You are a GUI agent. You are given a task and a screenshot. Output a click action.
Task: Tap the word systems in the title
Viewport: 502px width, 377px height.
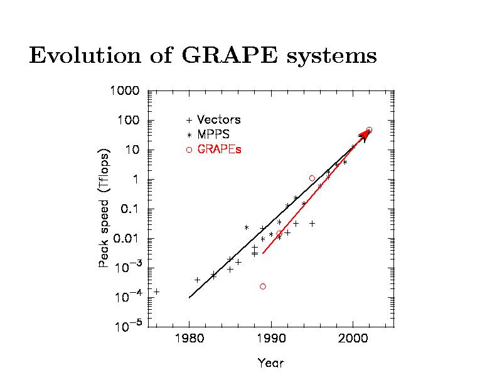click(x=331, y=57)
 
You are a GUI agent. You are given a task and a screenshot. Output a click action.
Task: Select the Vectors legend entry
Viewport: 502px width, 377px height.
click(x=218, y=119)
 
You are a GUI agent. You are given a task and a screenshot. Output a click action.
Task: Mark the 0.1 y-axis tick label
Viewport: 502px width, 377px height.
click(x=130, y=209)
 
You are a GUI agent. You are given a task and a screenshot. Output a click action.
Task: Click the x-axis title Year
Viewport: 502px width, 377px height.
click(x=270, y=363)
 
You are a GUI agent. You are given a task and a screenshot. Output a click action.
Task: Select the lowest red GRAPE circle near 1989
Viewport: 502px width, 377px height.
click(x=263, y=287)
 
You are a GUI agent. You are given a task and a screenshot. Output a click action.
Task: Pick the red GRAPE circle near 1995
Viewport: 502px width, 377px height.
click(x=312, y=178)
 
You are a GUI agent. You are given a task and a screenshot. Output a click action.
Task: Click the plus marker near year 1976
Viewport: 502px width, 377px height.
click(x=156, y=292)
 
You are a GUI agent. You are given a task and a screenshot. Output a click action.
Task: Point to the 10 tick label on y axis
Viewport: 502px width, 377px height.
click(x=132, y=150)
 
